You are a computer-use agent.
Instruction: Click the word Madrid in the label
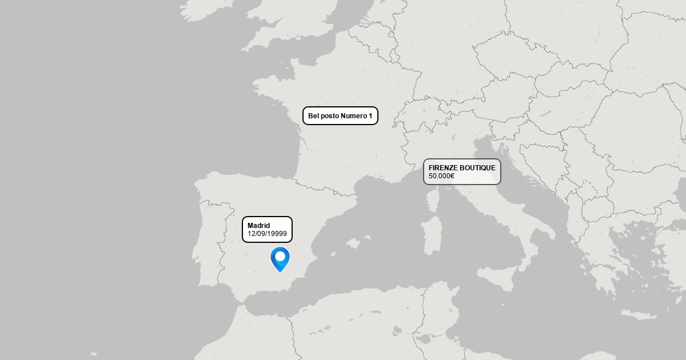point(258,226)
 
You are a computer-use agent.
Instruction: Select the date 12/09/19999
point(267,234)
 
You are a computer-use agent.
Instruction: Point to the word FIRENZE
point(443,168)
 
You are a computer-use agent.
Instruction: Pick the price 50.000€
point(441,176)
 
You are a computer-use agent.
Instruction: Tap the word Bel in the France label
point(313,116)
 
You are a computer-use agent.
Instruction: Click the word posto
point(329,116)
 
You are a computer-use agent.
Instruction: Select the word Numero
point(354,116)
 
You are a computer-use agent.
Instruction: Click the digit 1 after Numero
point(370,116)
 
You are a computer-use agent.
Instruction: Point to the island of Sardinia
point(432,234)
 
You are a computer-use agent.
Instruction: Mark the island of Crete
point(637,315)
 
